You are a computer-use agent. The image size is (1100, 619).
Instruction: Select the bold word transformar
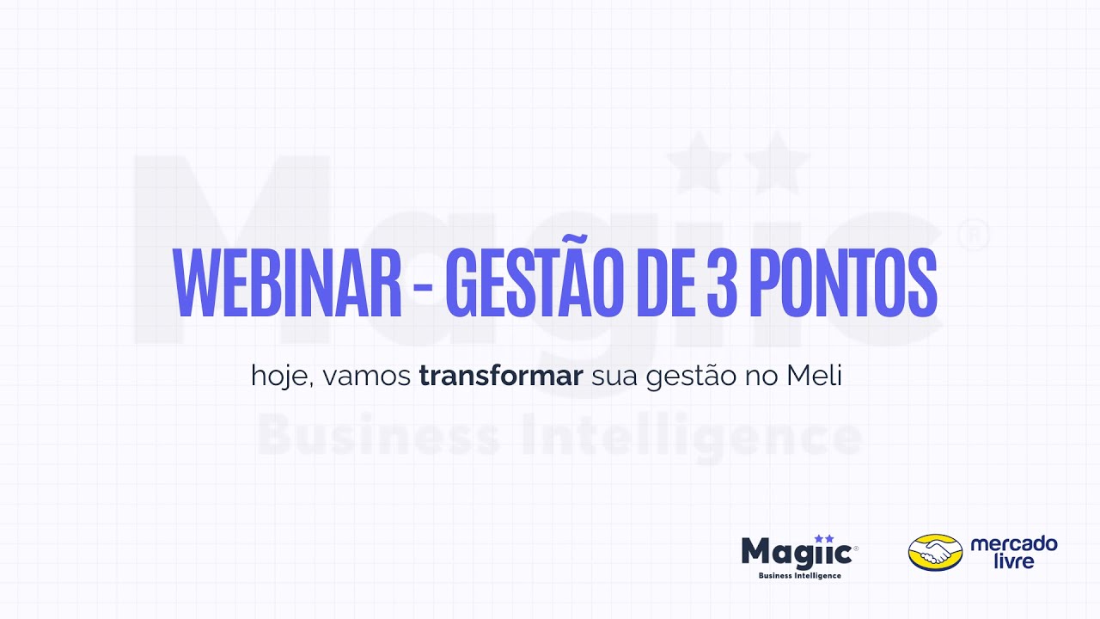501,376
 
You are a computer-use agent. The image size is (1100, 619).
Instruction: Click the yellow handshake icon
935,553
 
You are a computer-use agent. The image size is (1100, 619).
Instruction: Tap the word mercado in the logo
1014,544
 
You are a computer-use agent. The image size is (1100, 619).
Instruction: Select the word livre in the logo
1014,561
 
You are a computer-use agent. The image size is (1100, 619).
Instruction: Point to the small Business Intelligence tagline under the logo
799,575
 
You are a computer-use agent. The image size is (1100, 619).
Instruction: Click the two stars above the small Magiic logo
824,538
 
